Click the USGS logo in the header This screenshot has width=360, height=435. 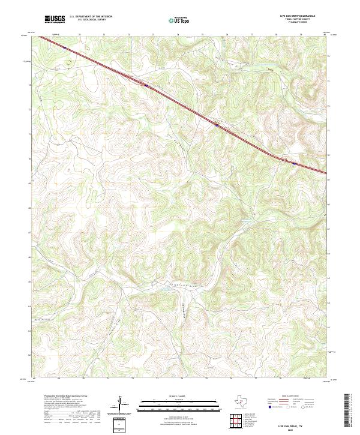click(x=55, y=19)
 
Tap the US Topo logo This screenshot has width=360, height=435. click(x=181, y=19)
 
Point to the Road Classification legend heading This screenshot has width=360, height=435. click(x=293, y=397)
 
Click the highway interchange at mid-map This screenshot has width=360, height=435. click(x=217, y=125)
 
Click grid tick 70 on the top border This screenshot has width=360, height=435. click(x=79, y=35)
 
